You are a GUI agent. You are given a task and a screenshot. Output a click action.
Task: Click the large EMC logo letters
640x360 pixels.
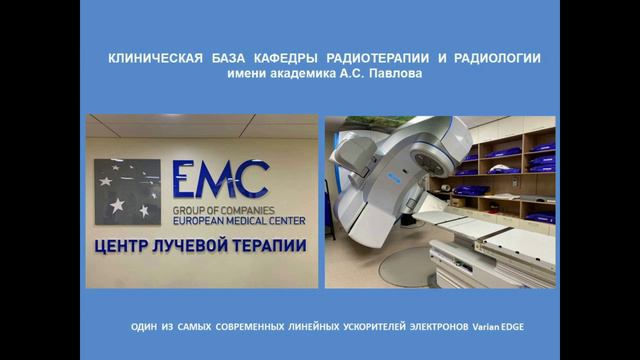(x=219, y=180)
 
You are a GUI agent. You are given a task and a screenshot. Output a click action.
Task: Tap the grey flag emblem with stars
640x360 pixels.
(x=127, y=191)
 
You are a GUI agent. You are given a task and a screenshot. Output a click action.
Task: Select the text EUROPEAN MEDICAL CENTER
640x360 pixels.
(x=239, y=219)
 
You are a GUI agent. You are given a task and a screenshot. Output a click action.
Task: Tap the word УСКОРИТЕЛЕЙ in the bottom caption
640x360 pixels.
(x=366, y=328)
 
